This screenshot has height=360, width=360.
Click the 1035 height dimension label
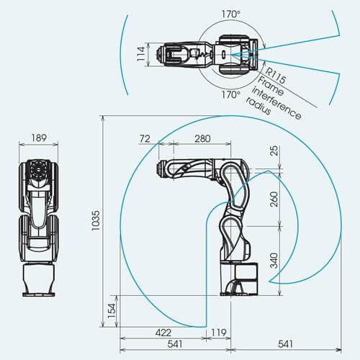(96, 220)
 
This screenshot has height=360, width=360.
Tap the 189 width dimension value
(39, 138)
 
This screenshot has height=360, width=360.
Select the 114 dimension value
(141, 54)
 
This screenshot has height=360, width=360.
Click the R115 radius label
(276, 76)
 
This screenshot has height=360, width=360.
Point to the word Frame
(270, 86)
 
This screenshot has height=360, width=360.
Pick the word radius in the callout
(258, 106)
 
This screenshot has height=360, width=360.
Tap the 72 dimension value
(145, 139)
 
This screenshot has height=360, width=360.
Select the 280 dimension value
(202, 139)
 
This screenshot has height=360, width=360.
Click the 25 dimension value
(274, 150)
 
